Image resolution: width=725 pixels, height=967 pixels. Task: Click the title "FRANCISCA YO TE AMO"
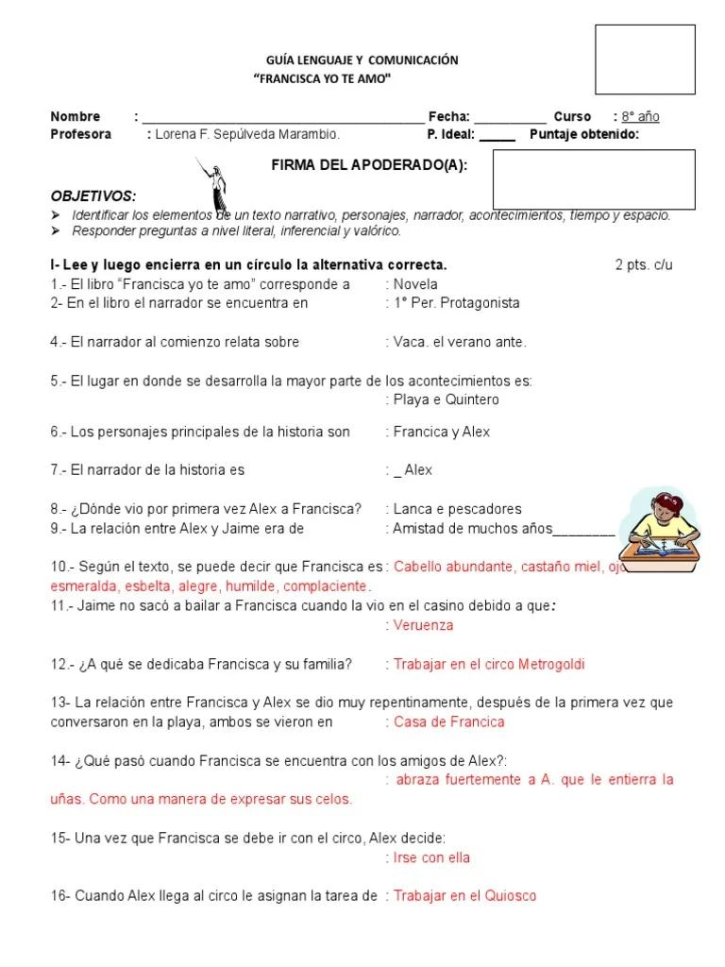(x=323, y=79)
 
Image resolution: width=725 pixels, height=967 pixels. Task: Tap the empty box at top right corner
(x=645, y=59)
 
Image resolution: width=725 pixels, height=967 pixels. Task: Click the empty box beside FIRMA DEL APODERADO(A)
(x=594, y=179)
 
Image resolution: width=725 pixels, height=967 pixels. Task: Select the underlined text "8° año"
(x=640, y=117)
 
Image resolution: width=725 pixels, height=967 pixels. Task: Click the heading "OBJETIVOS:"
(x=93, y=196)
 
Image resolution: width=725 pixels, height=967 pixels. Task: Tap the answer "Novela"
(x=415, y=284)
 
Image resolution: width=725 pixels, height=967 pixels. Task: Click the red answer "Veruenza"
(x=423, y=625)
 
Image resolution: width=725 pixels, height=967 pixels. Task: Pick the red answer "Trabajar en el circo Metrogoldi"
(x=489, y=665)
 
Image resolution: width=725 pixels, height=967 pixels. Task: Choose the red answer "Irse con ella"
(x=431, y=858)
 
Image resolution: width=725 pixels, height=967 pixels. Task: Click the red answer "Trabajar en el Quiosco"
(x=464, y=896)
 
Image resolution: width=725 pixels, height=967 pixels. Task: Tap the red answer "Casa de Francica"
(x=448, y=722)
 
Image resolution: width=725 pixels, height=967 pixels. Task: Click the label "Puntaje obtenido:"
(x=584, y=134)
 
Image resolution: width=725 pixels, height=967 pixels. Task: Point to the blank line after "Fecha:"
(x=510, y=118)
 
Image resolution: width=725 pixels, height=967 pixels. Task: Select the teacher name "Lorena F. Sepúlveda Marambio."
(x=247, y=134)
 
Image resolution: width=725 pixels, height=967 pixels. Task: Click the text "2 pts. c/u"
(x=644, y=265)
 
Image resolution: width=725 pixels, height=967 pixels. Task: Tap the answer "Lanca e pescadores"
(x=457, y=509)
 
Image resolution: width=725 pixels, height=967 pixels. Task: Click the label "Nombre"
(x=76, y=117)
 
